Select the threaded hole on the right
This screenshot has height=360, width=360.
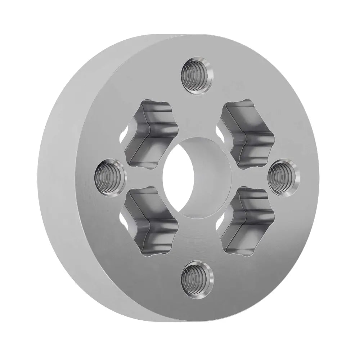[283, 176]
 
